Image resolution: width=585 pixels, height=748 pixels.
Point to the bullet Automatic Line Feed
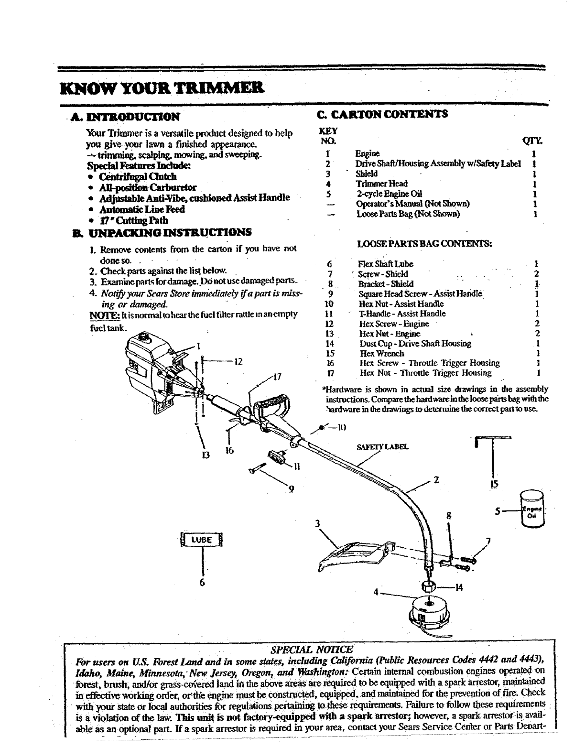click(x=141, y=209)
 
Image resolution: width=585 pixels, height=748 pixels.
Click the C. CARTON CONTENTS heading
click(x=383, y=114)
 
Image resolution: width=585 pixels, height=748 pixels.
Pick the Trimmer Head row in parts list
click(x=381, y=184)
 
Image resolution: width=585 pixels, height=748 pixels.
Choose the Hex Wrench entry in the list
click(x=381, y=353)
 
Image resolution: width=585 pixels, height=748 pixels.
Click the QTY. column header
click(x=531, y=141)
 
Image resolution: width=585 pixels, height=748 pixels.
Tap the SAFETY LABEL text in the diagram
click(x=382, y=447)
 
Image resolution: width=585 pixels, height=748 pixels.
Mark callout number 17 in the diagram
click(x=276, y=376)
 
